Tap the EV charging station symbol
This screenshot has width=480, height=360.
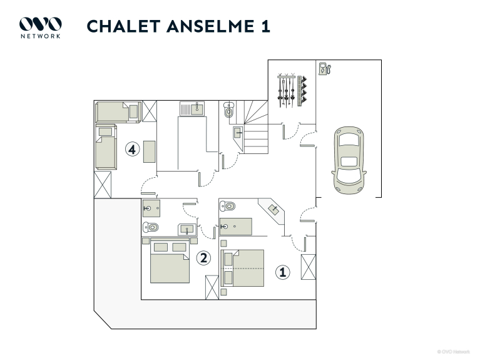(324, 68)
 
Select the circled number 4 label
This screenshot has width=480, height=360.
(131, 149)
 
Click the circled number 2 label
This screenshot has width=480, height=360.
(203, 257)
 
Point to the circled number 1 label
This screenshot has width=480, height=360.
(283, 272)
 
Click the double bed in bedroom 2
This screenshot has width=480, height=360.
(170, 261)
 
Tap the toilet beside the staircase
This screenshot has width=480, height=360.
(228, 111)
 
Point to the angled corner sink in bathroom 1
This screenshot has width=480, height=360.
(274, 209)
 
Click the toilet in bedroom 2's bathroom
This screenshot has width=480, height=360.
(151, 227)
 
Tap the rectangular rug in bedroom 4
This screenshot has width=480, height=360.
(149, 152)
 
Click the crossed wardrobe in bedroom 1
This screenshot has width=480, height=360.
(309, 268)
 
